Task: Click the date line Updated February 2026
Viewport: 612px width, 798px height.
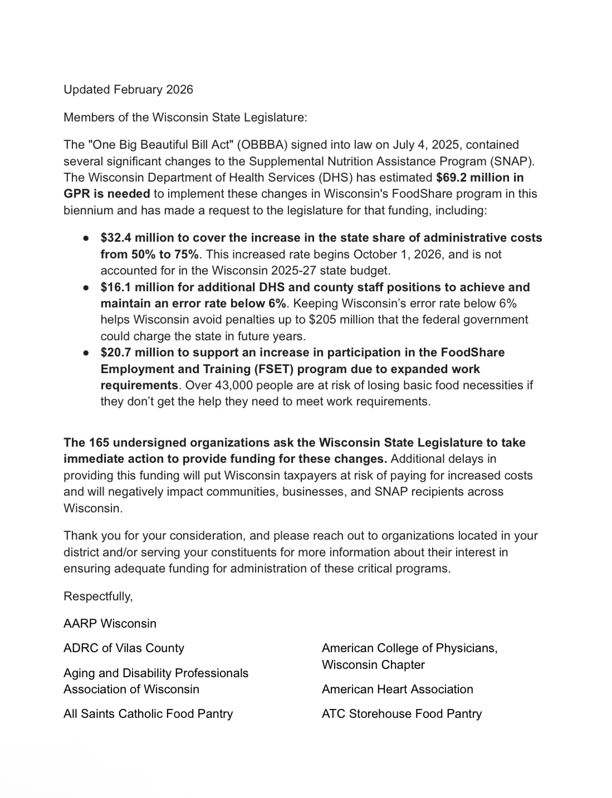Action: tap(128, 90)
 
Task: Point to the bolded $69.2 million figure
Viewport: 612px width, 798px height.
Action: tap(479, 178)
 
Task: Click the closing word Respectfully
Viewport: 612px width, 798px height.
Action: tap(98, 596)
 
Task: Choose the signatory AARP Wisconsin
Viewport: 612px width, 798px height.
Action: tap(110, 624)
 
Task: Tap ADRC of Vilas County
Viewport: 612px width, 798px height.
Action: tap(124, 648)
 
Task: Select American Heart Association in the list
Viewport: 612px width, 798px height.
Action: tap(397, 689)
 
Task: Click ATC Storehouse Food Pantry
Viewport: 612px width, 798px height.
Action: tap(402, 714)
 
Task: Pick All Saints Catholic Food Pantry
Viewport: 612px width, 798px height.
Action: tap(148, 714)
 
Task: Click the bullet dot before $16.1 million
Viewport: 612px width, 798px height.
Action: tap(86, 288)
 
